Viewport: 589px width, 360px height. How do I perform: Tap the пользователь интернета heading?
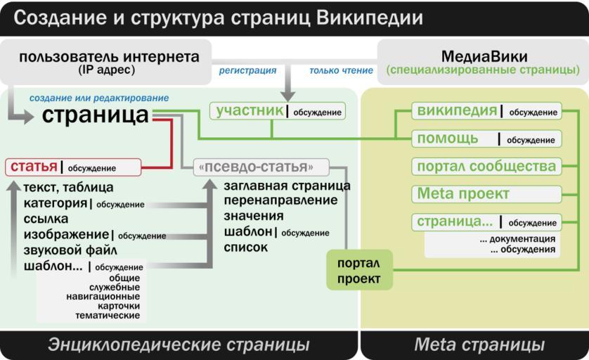[x=109, y=57]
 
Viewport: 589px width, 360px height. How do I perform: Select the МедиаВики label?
[x=483, y=56]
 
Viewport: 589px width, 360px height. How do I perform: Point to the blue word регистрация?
[x=247, y=70]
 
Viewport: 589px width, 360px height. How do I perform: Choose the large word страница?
[x=95, y=115]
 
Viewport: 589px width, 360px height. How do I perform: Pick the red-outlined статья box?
[x=72, y=167]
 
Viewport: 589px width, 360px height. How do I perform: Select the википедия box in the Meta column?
[x=486, y=111]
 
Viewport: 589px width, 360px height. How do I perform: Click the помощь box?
[x=486, y=139]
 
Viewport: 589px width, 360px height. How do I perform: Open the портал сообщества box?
[x=486, y=166]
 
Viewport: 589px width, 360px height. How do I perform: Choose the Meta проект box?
[x=486, y=193]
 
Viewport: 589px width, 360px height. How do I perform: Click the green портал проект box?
[x=358, y=271]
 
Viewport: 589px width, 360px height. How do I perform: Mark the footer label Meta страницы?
[x=479, y=345]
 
